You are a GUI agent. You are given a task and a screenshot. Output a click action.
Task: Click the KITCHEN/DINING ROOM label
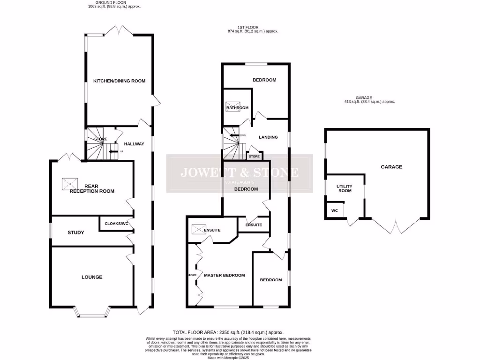[x=119, y=81]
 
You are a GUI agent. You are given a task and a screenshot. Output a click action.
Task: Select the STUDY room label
[x=75, y=232]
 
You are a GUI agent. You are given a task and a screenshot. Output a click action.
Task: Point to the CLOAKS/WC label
[x=116, y=224]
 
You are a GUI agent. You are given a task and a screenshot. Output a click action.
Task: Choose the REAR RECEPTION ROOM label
[x=92, y=188]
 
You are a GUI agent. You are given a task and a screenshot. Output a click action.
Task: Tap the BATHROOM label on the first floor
[x=237, y=108]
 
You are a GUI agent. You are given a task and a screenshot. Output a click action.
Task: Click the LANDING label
[x=269, y=137]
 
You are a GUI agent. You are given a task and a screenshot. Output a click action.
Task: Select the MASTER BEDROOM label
[x=224, y=276]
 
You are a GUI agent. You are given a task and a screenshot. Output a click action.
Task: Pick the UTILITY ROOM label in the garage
[x=344, y=188]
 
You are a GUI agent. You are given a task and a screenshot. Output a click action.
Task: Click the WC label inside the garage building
[x=334, y=210]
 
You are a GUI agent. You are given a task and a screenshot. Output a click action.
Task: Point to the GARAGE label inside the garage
[x=391, y=167]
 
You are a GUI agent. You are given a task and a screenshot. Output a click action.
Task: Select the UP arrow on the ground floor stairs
[x=113, y=151]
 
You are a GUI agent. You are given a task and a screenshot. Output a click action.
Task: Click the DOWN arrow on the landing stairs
[x=234, y=135]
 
